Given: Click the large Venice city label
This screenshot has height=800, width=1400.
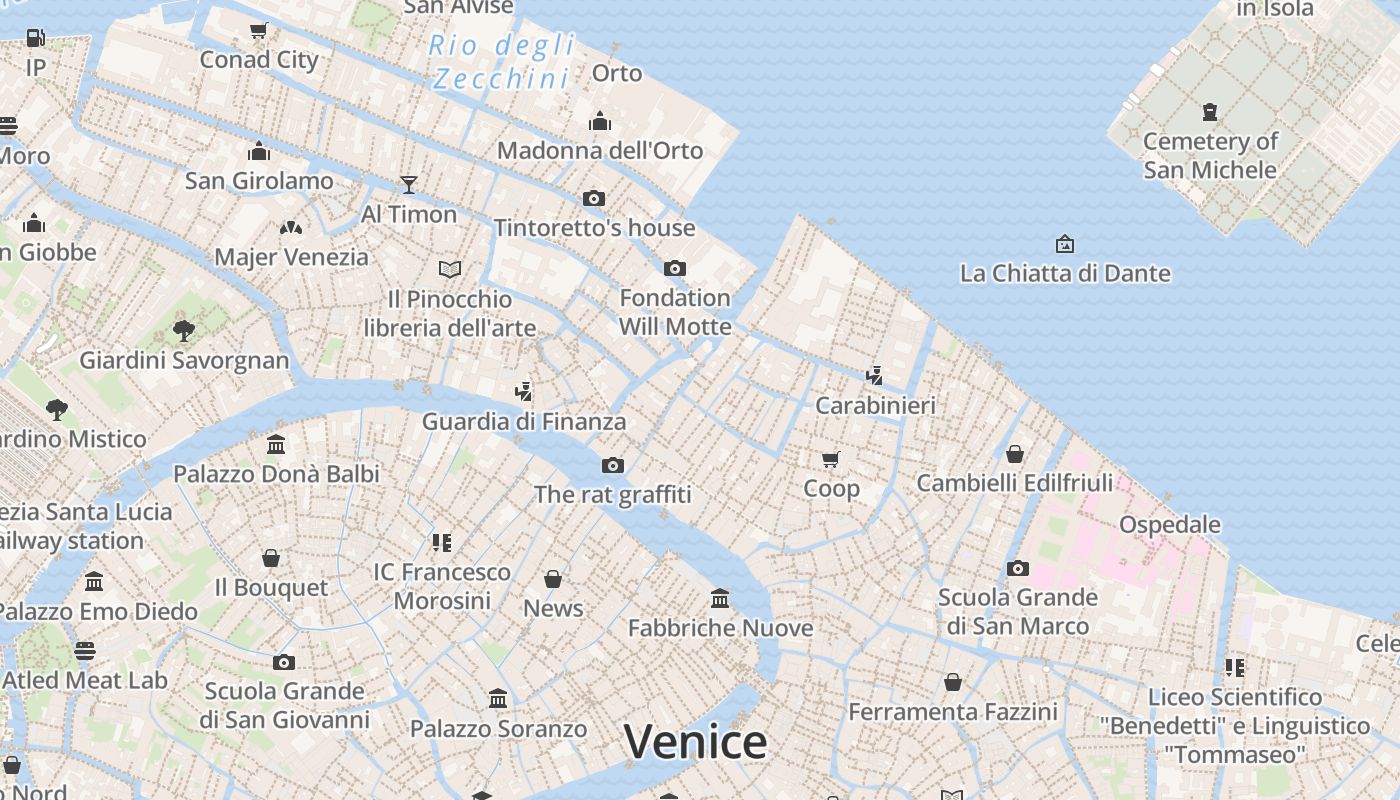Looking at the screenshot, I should [x=695, y=742].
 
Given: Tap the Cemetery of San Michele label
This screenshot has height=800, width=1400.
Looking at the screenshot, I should [x=1210, y=155].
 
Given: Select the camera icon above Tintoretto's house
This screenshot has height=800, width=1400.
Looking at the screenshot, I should [x=594, y=198].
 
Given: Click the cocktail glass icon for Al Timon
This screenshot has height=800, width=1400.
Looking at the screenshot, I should [x=408, y=184].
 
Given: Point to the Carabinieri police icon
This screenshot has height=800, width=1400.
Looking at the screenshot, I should [x=875, y=375].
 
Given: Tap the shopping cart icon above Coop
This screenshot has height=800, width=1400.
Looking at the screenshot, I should [x=831, y=459].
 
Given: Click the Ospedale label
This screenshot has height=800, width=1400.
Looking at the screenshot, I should [x=1169, y=524].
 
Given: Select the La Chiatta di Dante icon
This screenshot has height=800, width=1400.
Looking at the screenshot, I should [x=1065, y=243].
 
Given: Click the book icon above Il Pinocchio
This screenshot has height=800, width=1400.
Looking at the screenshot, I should [x=450, y=269].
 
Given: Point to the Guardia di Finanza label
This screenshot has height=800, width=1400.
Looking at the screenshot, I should [x=524, y=421].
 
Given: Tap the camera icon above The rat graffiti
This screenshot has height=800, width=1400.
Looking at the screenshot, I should [x=613, y=465].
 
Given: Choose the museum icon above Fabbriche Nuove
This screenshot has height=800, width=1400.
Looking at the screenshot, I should [x=720, y=598].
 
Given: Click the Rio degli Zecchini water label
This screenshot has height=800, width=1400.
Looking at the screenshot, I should [x=502, y=61].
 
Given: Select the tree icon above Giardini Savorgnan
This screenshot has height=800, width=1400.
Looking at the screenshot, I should [x=183, y=329].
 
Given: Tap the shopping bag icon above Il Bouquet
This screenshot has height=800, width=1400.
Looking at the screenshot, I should [x=270, y=557].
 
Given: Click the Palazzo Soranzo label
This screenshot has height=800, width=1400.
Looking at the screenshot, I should [x=498, y=729].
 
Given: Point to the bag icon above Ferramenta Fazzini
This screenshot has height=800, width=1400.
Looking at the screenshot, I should [x=953, y=682].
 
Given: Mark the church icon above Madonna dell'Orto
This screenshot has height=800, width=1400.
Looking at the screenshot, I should [x=600, y=121].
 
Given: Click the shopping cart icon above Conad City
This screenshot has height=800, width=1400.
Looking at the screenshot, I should [x=259, y=30].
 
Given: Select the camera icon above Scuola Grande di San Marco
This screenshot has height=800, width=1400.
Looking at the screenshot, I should [x=1018, y=568].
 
